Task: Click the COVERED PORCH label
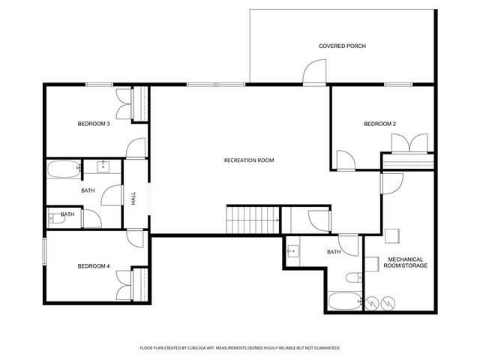pyautogui.click(x=342, y=46)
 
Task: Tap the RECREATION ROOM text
pyautogui.click(x=249, y=160)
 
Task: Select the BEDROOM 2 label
pyautogui.click(x=379, y=124)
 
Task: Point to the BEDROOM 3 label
pyautogui.click(x=94, y=124)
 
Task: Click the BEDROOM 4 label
pyautogui.click(x=94, y=266)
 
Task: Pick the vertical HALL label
pyautogui.click(x=133, y=199)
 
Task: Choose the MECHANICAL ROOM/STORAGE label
pyautogui.click(x=406, y=262)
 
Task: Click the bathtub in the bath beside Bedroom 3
pyautogui.click(x=64, y=169)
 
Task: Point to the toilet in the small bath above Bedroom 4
pyautogui.click(x=55, y=218)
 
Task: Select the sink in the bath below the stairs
pyautogui.click(x=294, y=252)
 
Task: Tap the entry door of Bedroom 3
pyautogui.click(x=135, y=148)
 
